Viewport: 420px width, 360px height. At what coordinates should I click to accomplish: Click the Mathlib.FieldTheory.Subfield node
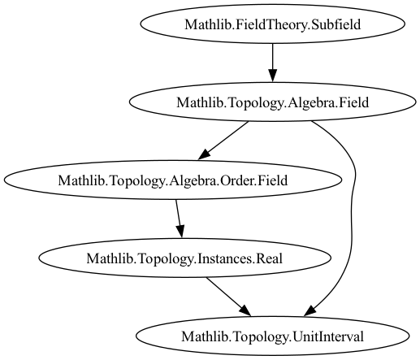[272, 24]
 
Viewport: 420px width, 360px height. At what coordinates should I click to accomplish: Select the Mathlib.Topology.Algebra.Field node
[272, 102]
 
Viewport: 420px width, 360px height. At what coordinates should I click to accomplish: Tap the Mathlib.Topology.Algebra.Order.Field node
[173, 180]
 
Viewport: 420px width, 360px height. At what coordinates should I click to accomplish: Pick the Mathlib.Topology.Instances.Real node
[184, 258]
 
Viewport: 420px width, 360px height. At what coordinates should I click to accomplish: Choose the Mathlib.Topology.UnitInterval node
[272, 336]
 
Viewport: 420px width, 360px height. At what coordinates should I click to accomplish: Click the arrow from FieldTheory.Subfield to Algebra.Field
[272, 63]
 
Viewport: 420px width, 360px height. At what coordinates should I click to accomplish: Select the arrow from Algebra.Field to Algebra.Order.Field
[223, 141]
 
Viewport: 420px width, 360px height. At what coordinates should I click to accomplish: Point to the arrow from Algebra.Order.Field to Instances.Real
[179, 219]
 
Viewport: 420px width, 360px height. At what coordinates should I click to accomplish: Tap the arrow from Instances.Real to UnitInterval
[228, 297]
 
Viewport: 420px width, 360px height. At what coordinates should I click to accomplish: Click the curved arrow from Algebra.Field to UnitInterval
[352, 217]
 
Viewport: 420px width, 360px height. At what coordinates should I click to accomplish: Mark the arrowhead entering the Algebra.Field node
[272, 76]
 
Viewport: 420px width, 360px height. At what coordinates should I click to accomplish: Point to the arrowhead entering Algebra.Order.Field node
[204, 154]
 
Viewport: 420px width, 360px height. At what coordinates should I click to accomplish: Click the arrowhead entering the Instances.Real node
[181, 232]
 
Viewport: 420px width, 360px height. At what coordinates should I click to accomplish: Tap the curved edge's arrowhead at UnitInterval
[310, 310]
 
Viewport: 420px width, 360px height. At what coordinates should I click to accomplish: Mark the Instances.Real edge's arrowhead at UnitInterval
[245, 310]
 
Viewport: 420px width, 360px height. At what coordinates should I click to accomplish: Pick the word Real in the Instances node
[269, 258]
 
